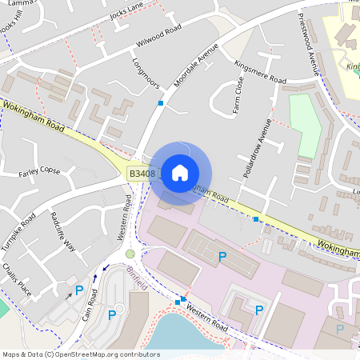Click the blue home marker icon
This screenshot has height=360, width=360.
click(180, 172)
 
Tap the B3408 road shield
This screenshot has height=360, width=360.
click(142, 173)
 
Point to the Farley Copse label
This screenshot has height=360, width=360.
click(39, 171)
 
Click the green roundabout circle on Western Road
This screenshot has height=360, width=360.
click(130, 254)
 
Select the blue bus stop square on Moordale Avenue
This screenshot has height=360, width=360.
click(161, 103)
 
